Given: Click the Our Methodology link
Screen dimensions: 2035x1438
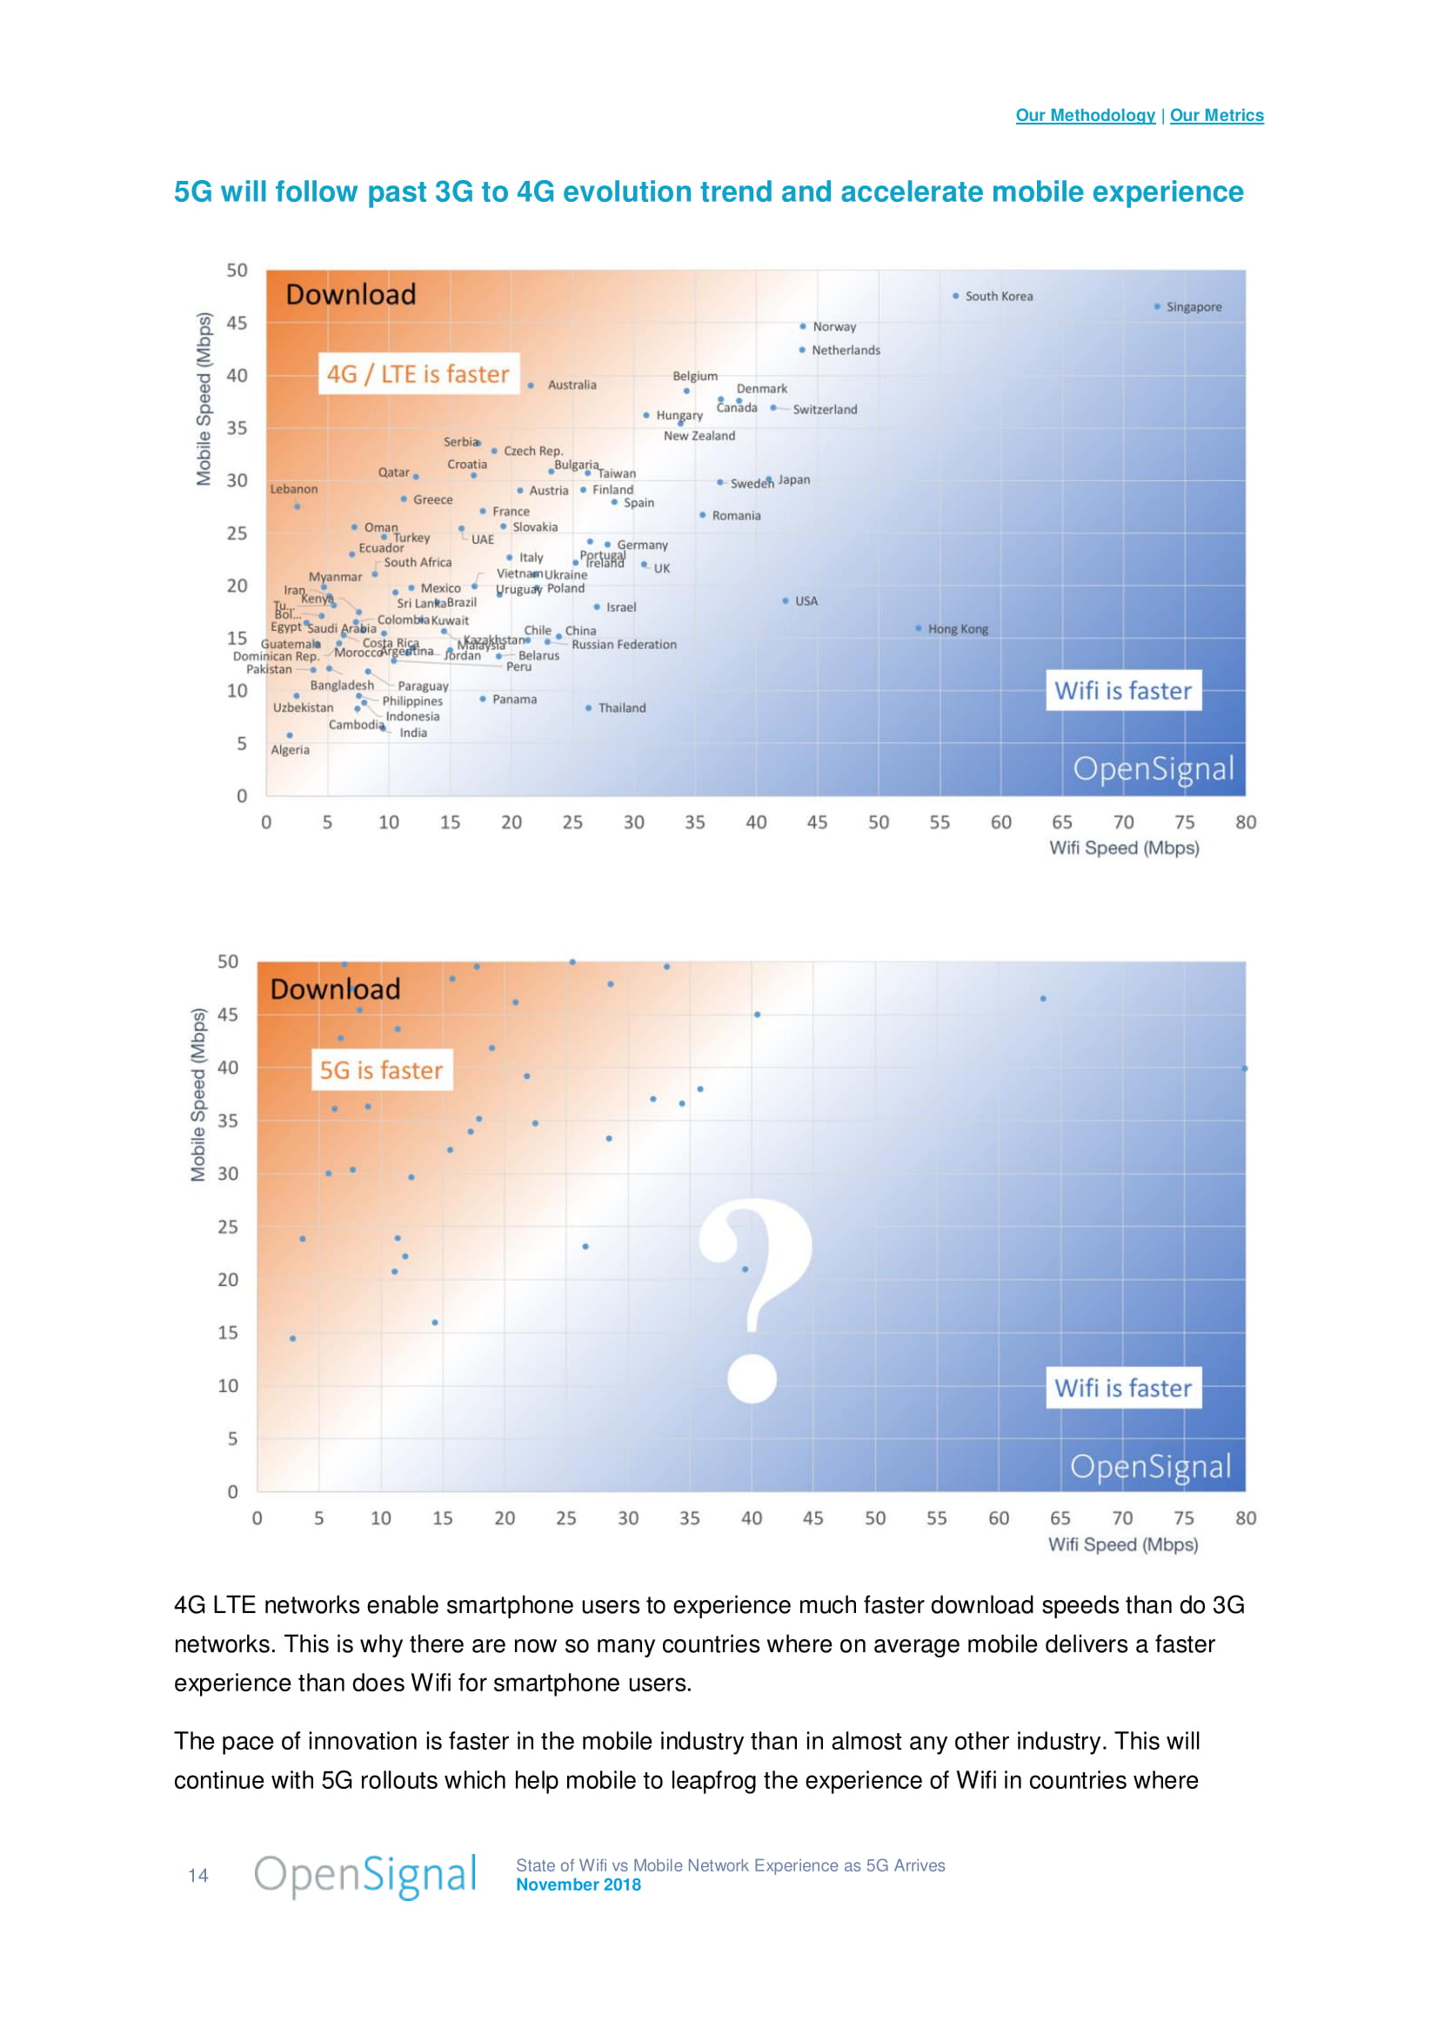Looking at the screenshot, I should click(1085, 115).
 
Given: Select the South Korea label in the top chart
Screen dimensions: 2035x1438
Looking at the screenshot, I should click(999, 296).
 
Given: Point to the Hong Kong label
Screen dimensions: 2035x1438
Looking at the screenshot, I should click(957, 629).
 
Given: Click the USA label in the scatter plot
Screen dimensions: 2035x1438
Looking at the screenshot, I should click(806, 601).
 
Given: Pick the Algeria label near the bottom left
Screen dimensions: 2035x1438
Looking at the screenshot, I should click(290, 750).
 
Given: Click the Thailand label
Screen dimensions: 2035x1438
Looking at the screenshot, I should click(621, 708).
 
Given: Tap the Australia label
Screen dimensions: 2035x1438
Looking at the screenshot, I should click(572, 385).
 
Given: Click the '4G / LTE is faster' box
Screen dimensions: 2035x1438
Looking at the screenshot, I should click(418, 374).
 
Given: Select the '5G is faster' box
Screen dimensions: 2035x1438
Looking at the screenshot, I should click(381, 1070).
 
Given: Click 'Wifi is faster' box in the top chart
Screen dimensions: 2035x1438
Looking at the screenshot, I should click(1122, 691).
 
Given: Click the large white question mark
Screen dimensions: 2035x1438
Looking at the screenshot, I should click(754, 1298).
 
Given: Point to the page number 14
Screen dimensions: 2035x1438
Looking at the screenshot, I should click(197, 1876).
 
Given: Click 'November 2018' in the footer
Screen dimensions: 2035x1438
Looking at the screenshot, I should click(578, 1884).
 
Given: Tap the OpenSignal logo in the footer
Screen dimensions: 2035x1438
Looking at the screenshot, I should click(365, 1875).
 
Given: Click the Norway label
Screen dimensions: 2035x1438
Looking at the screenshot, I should click(833, 327).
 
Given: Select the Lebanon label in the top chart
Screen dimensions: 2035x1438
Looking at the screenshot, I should click(293, 489).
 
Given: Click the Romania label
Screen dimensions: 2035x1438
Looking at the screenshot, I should click(735, 516).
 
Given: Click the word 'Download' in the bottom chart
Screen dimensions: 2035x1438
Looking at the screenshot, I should click(335, 989).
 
